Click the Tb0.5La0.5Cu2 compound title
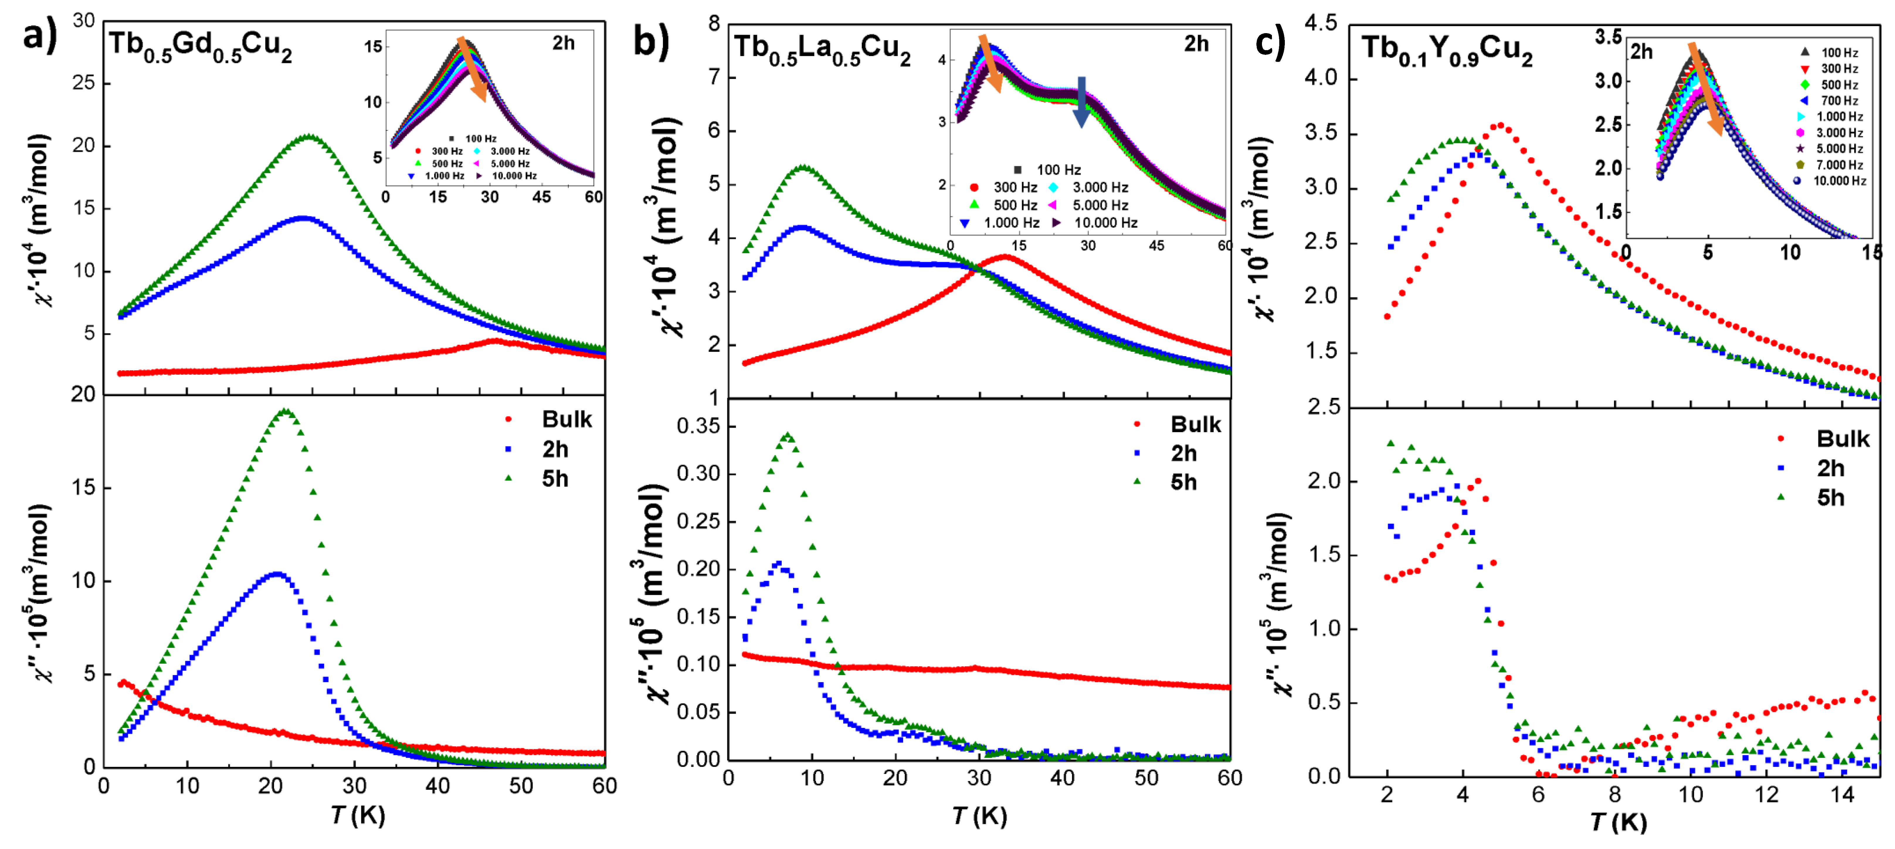click(x=822, y=50)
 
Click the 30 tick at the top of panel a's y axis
click(x=84, y=21)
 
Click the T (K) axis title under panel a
click(x=357, y=815)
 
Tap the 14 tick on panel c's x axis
click(x=1842, y=794)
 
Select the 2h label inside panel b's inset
click(x=1196, y=44)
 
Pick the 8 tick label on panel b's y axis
click(x=714, y=23)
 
